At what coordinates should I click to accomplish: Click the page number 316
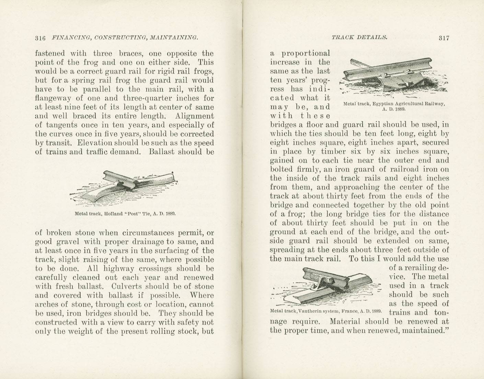point(40,38)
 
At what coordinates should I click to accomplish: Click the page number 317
point(443,38)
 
